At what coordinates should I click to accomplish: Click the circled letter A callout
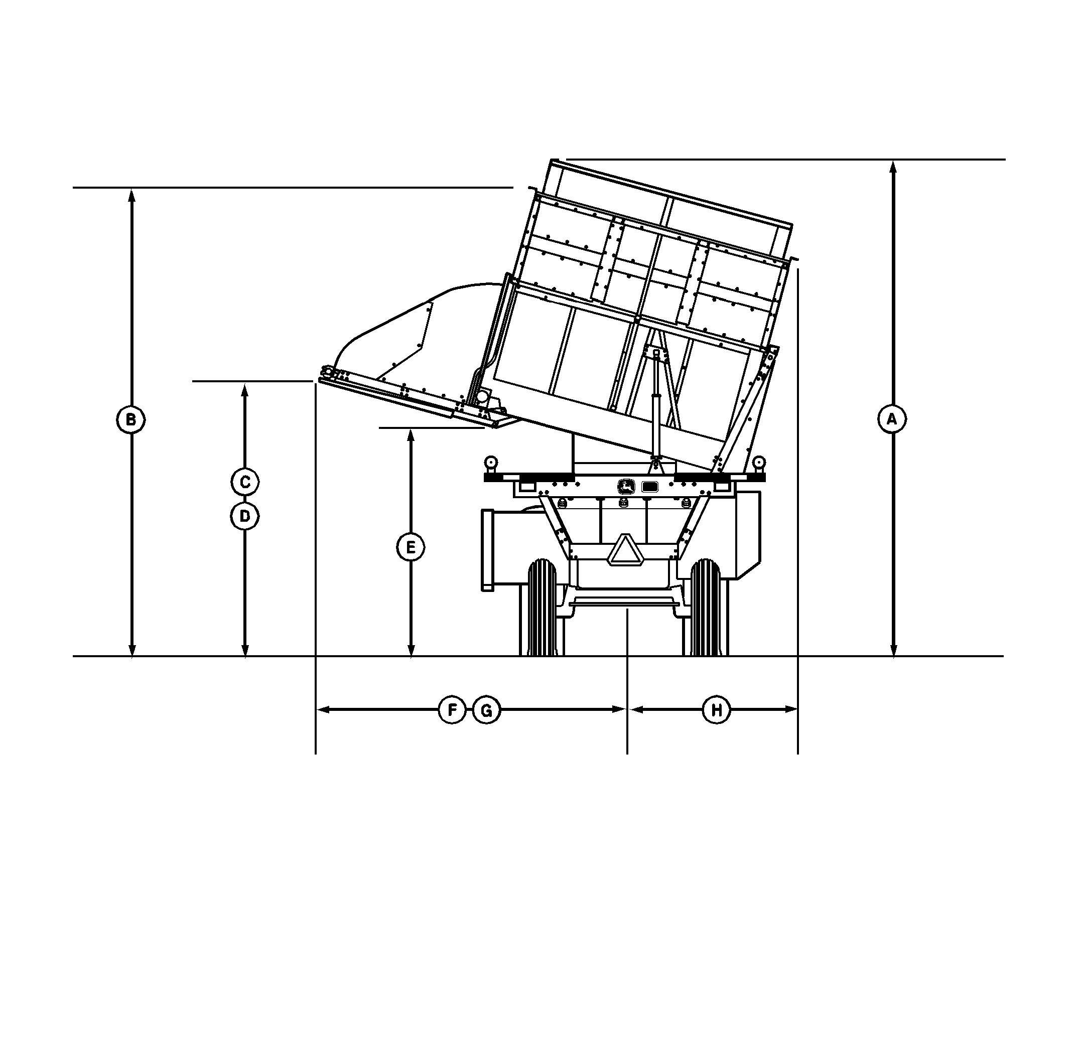[x=892, y=420]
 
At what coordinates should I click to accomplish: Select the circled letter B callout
[x=131, y=420]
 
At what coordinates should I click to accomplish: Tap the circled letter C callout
[x=245, y=482]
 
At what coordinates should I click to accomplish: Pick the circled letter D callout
[x=245, y=516]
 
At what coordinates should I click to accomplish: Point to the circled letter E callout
[x=411, y=547]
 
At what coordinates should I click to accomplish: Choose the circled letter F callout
[x=453, y=710]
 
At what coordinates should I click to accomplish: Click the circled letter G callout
[x=487, y=710]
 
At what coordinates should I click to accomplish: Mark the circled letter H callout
[x=716, y=710]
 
